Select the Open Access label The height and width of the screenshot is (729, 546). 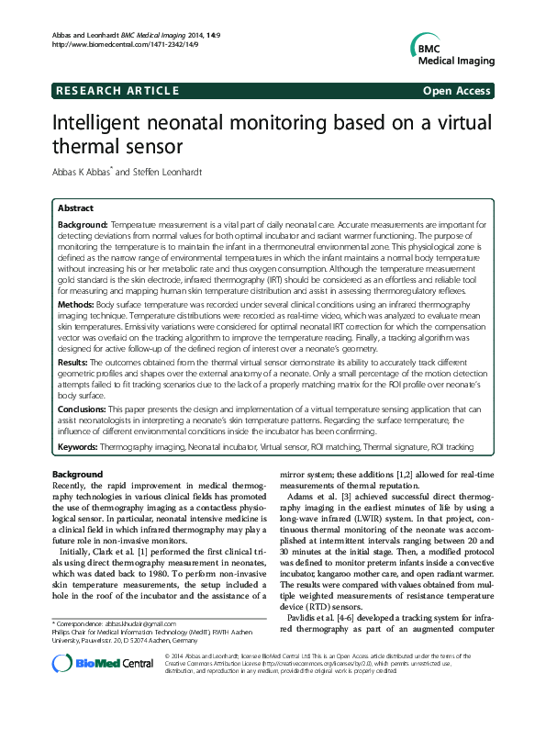click(455, 91)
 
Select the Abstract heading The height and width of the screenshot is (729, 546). click(75, 209)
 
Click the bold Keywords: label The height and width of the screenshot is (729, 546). click(78, 447)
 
